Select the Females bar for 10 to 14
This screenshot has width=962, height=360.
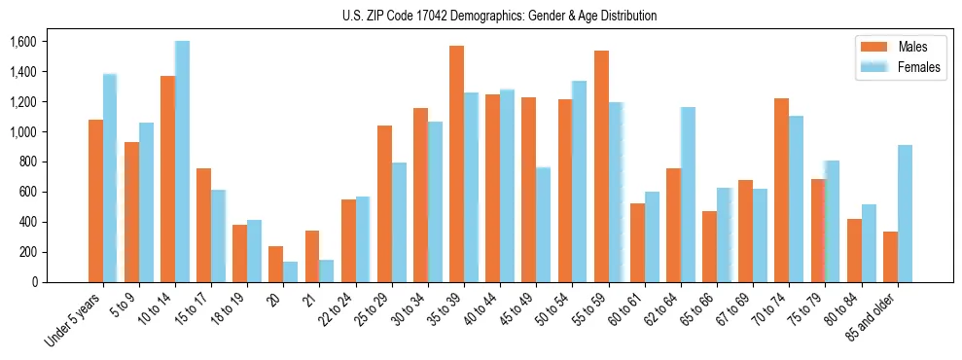click(182, 162)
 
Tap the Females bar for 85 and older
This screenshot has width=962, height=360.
click(905, 213)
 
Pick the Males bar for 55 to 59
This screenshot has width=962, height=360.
click(601, 166)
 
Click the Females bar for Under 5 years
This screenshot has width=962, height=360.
click(110, 178)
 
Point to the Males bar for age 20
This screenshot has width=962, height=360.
click(275, 264)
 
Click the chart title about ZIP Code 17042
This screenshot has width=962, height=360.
click(499, 16)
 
